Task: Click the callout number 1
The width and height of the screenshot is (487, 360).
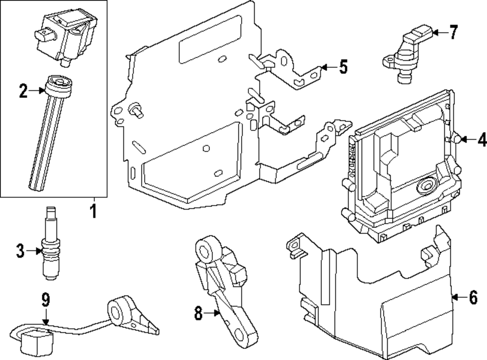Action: click(94, 211)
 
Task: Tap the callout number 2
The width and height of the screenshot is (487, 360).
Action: click(23, 91)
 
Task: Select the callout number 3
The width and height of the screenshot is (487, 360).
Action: click(20, 251)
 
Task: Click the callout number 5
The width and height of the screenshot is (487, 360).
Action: click(343, 67)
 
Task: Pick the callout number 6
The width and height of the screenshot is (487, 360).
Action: click(473, 297)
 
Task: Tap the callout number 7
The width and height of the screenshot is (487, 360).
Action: click(454, 32)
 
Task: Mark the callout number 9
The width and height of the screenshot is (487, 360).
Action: click(46, 299)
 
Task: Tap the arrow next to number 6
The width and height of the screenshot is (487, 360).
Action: click(459, 297)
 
